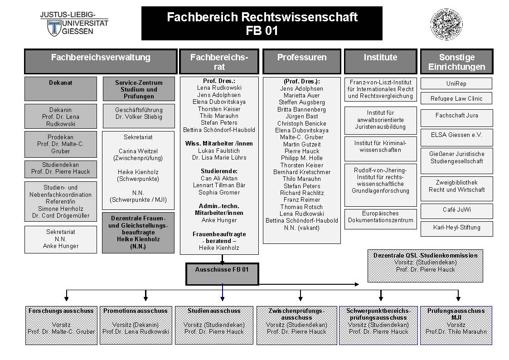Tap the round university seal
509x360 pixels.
point(446,24)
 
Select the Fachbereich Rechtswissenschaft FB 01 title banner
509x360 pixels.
point(262,24)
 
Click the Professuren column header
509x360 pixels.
point(301,61)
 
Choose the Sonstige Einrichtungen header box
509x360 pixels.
point(456,61)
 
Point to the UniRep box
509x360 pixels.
point(456,83)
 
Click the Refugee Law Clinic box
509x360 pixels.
point(456,98)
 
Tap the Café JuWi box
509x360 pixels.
point(456,211)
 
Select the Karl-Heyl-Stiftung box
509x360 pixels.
point(456,229)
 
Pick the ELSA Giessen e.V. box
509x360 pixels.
point(456,137)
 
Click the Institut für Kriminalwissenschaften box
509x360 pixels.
point(380,149)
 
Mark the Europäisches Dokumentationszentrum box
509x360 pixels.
point(380,219)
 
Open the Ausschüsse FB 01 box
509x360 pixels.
point(222,274)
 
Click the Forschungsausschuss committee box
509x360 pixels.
point(61,325)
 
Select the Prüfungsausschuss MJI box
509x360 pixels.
point(456,325)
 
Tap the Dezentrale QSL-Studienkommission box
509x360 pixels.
point(425,266)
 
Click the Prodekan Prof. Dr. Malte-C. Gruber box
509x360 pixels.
point(60,144)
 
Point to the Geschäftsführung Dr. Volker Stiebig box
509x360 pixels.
point(139,116)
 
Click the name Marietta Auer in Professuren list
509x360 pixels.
point(301,95)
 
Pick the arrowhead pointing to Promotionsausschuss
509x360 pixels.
point(145,298)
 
